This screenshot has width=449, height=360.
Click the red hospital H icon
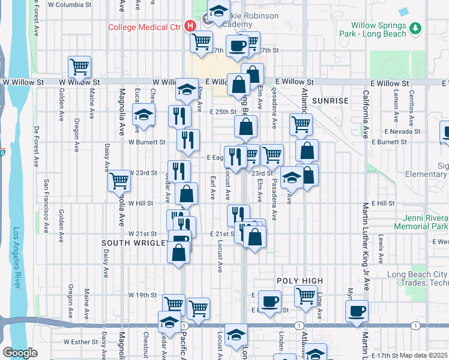190,26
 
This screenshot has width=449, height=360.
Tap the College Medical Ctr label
145,26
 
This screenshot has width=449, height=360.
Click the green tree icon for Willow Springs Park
415,28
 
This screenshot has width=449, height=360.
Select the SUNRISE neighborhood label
330,101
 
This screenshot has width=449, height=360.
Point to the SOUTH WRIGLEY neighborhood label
135,243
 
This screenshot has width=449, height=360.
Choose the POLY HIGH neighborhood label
300,281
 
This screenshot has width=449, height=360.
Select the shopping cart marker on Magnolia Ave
119,180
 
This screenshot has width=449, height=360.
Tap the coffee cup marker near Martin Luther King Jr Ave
357,311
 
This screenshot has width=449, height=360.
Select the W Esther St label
79,342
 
